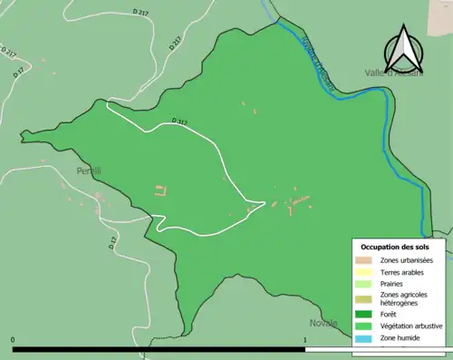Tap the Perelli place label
tap(89, 170)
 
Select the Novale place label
tap(323, 323)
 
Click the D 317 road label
tap(179, 122)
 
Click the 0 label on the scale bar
tap(13, 340)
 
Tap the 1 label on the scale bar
tap(305, 340)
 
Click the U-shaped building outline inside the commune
tap(160, 190)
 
